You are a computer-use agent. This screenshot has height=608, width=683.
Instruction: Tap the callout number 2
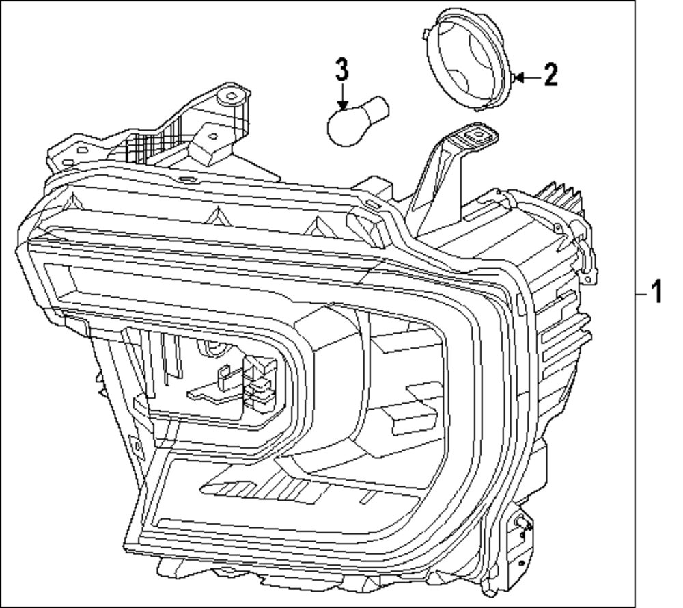click(x=550, y=75)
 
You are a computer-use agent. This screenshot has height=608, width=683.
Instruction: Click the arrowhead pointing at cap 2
click(x=518, y=77)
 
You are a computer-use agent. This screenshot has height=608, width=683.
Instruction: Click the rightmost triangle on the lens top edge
click(x=316, y=224)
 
